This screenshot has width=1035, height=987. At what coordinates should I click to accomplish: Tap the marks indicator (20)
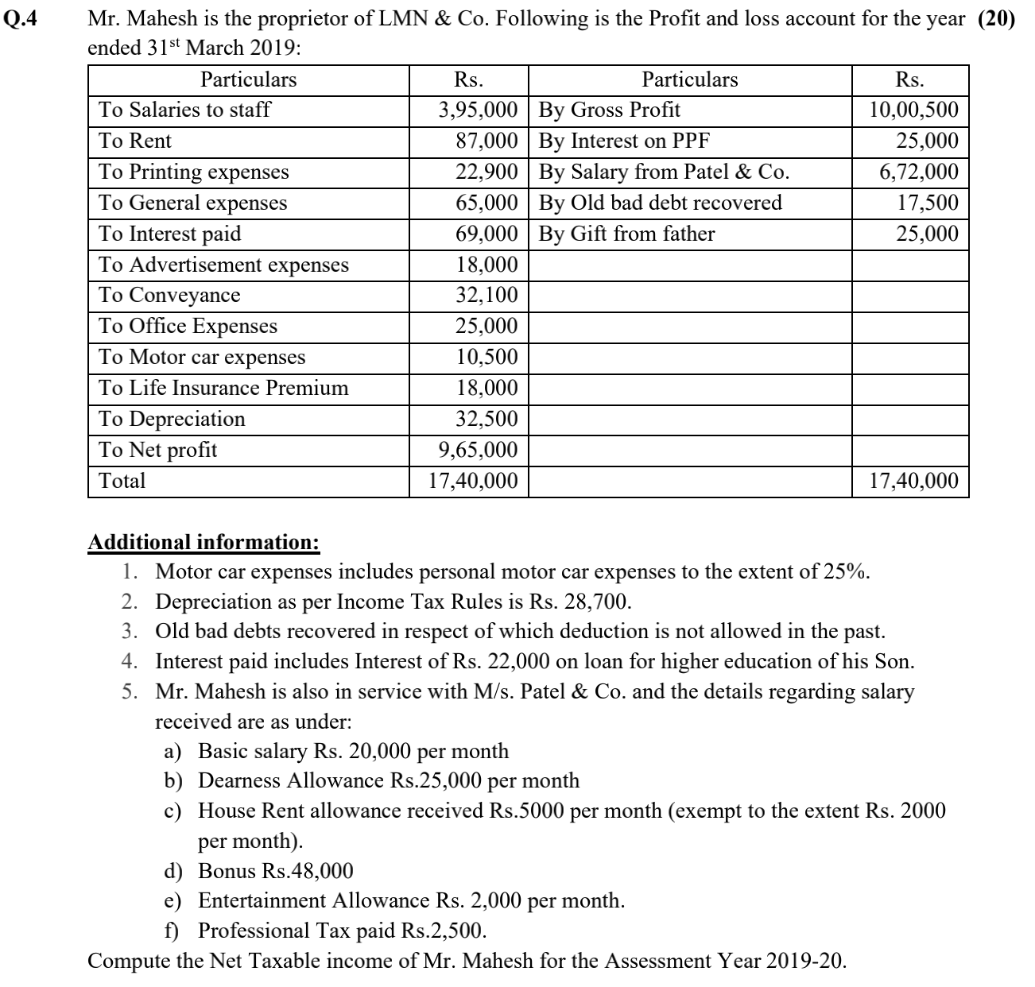pyautogui.click(x=996, y=18)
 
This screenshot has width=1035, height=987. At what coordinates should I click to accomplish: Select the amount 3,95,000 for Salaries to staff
pyautogui.click(x=479, y=110)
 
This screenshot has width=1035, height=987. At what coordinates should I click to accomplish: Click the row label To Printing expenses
pyautogui.click(x=193, y=172)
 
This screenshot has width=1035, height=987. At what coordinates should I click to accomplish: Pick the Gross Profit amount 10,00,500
pyautogui.click(x=914, y=110)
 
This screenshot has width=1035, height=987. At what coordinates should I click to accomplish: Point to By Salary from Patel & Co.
pyautogui.click(x=664, y=172)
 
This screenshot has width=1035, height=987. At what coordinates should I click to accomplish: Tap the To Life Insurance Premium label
pyautogui.click(x=223, y=388)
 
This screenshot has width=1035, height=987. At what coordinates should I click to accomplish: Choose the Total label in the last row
pyautogui.click(x=122, y=481)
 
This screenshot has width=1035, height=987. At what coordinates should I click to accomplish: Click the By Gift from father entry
pyautogui.click(x=626, y=234)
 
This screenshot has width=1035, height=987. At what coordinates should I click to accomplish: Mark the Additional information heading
pyautogui.click(x=204, y=542)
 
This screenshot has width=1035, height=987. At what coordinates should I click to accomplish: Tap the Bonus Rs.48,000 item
pyautogui.click(x=275, y=871)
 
